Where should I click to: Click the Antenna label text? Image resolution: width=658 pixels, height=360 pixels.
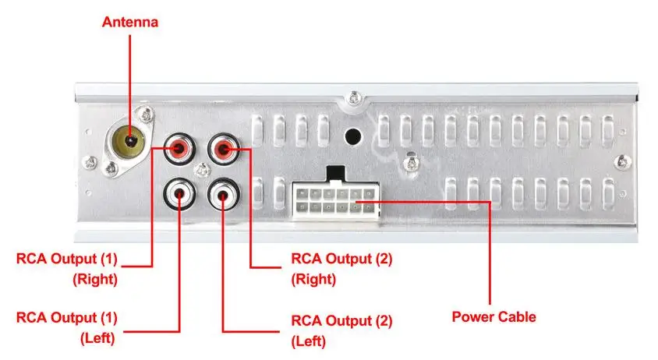[130, 22]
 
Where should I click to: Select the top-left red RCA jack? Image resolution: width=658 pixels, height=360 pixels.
[180, 147]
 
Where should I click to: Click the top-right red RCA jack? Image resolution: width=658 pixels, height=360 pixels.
[224, 147]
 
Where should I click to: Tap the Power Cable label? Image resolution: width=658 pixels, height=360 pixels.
[493, 317]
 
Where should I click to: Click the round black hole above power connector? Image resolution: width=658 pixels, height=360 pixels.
[352, 135]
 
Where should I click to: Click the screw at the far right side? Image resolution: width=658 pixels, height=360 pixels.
[621, 161]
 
